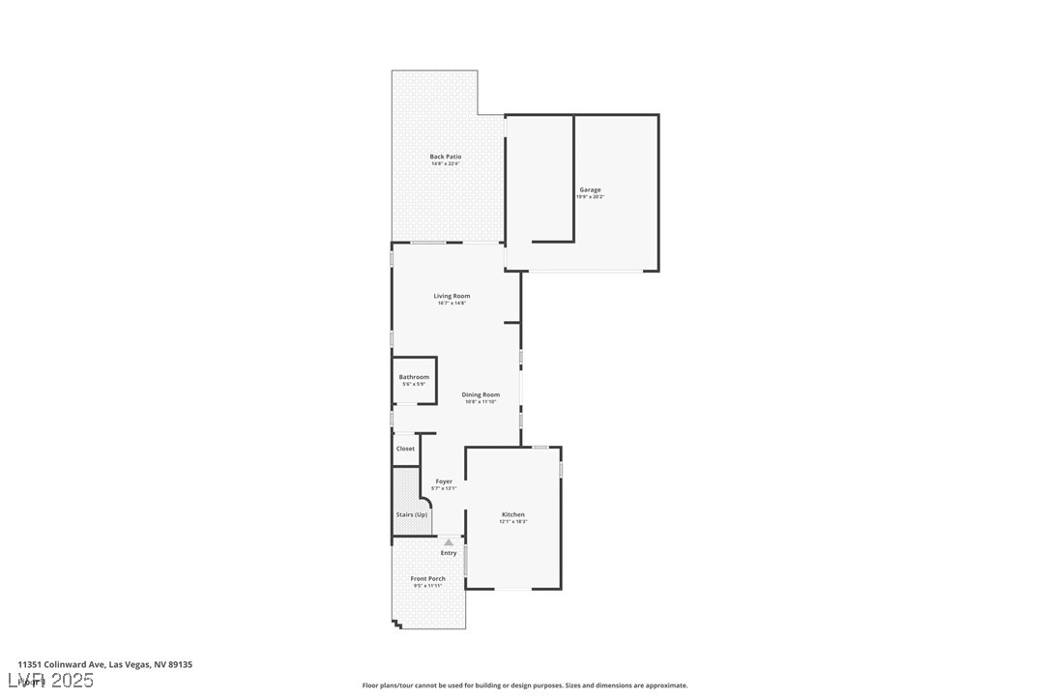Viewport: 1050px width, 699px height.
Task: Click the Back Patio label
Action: pos(446,157)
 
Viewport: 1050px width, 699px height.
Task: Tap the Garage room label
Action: pos(590,189)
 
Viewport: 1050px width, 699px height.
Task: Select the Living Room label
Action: pos(452,296)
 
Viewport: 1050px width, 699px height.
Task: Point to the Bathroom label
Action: pos(414,377)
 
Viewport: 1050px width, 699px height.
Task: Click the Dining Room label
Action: pos(481,394)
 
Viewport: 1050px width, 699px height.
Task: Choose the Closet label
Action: pos(405,449)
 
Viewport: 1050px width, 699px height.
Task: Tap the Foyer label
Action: pos(444,481)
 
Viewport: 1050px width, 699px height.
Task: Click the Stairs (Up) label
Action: pos(411,514)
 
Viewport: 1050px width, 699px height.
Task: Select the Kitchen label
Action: pos(513,514)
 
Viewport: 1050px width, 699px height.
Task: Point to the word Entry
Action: pos(449,553)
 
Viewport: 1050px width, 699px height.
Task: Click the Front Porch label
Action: pos(428,579)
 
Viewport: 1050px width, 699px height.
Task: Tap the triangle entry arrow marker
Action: pos(449,542)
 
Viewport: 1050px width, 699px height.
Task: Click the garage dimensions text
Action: pos(590,197)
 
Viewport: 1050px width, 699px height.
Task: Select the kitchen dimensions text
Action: pos(513,522)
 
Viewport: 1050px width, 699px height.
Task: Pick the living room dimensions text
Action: pos(452,304)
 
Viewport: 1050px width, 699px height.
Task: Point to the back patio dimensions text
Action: pos(446,164)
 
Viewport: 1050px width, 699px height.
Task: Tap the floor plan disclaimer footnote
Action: pos(525,685)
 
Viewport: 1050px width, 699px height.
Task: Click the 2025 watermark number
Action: pos(73,681)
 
